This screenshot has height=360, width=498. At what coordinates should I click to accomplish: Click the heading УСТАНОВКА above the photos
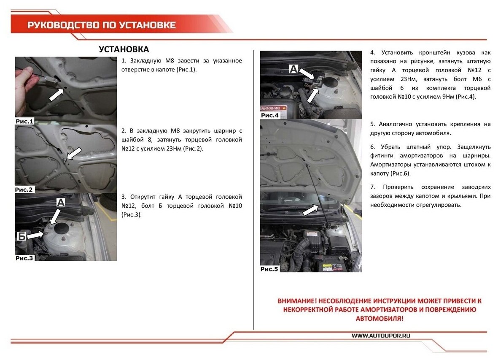(x=124, y=49)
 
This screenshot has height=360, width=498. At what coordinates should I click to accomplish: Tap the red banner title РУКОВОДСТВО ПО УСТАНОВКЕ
(x=101, y=25)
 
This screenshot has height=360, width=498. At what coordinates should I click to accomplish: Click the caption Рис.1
(x=24, y=121)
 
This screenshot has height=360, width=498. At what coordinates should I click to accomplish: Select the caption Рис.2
(x=24, y=189)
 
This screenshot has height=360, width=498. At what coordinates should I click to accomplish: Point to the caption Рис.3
(x=24, y=257)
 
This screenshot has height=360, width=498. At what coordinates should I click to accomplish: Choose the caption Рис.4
(x=270, y=115)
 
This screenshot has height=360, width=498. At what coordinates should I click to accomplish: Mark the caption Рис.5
(x=269, y=268)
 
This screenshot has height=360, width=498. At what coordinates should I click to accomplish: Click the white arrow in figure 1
(x=57, y=95)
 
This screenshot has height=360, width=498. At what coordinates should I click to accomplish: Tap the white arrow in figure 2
(x=74, y=154)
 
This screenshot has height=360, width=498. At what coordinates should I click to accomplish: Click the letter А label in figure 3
(x=61, y=203)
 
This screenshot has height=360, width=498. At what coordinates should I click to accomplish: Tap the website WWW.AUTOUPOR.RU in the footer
(x=381, y=336)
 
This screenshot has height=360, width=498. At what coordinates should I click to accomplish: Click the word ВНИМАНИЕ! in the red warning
(x=297, y=301)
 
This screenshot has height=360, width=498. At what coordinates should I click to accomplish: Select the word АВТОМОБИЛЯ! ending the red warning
(x=380, y=318)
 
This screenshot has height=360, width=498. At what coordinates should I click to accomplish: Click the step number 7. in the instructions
(x=373, y=187)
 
